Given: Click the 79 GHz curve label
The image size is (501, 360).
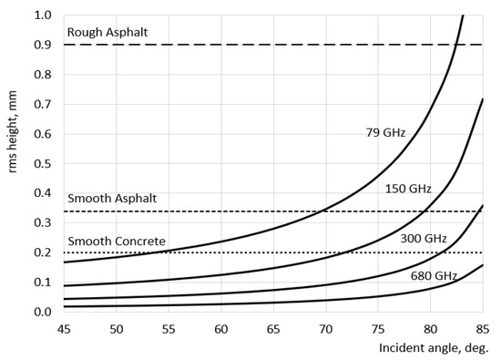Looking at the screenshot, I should pos(384,133).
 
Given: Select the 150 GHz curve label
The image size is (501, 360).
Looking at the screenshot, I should pos(406,190).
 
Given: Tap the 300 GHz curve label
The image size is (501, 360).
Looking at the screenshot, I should pos(424,239).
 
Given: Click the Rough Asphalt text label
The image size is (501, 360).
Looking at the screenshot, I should pos(107,33).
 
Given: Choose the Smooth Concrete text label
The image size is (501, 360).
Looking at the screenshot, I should pos(117,242).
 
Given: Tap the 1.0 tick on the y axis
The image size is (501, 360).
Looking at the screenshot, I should pos(42,15).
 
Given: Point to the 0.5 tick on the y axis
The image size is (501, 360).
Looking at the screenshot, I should pos(42,164).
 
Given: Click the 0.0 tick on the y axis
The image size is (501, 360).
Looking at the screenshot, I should pos(42,313).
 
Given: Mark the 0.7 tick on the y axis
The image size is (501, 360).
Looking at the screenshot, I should pos(42,105).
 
